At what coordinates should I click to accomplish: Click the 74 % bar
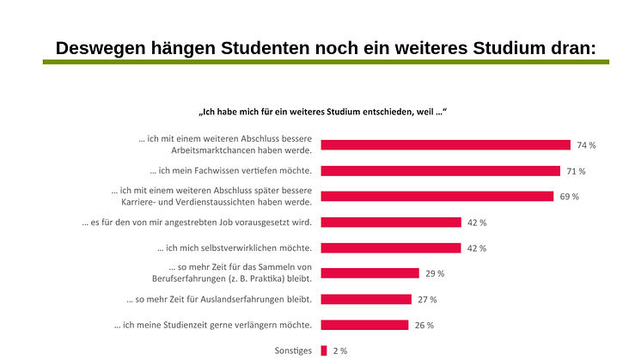pyautogui.click(x=445, y=145)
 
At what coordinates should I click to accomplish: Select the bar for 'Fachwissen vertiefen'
pyautogui.click(x=440, y=171)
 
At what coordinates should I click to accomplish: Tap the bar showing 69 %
pyautogui.click(x=436, y=197)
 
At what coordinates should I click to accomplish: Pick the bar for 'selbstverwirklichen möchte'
pyautogui.click(x=391, y=248)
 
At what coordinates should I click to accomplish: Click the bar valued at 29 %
pyautogui.click(x=369, y=274)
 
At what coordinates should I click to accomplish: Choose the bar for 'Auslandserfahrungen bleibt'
pyautogui.click(x=366, y=300)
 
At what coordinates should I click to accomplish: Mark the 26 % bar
pyautogui.click(x=364, y=326)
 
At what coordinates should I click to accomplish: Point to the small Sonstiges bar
pyautogui.click(x=324, y=351)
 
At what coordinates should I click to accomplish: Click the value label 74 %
pyautogui.click(x=587, y=145)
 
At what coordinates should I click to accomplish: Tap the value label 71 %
pyautogui.click(x=576, y=171)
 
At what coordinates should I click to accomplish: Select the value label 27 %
pyautogui.click(x=427, y=300)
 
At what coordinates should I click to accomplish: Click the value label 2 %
pyautogui.click(x=339, y=351)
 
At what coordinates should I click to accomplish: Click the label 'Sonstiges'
pyautogui.click(x=292, y=351)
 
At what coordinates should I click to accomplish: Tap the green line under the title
pyautogui.click(x=327, y=63)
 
